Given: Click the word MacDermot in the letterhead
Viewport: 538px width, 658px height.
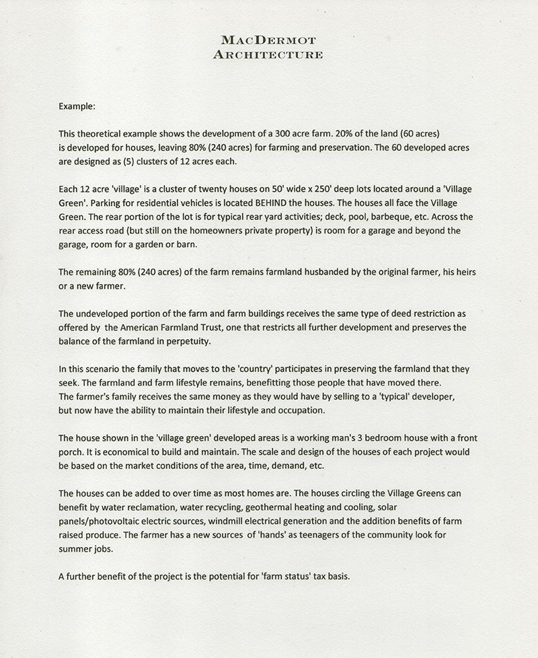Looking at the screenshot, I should coord(268,42).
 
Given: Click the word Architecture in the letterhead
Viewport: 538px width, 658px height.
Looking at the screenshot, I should coord(268,54).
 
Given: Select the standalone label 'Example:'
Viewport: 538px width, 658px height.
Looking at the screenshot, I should coord(77,106).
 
